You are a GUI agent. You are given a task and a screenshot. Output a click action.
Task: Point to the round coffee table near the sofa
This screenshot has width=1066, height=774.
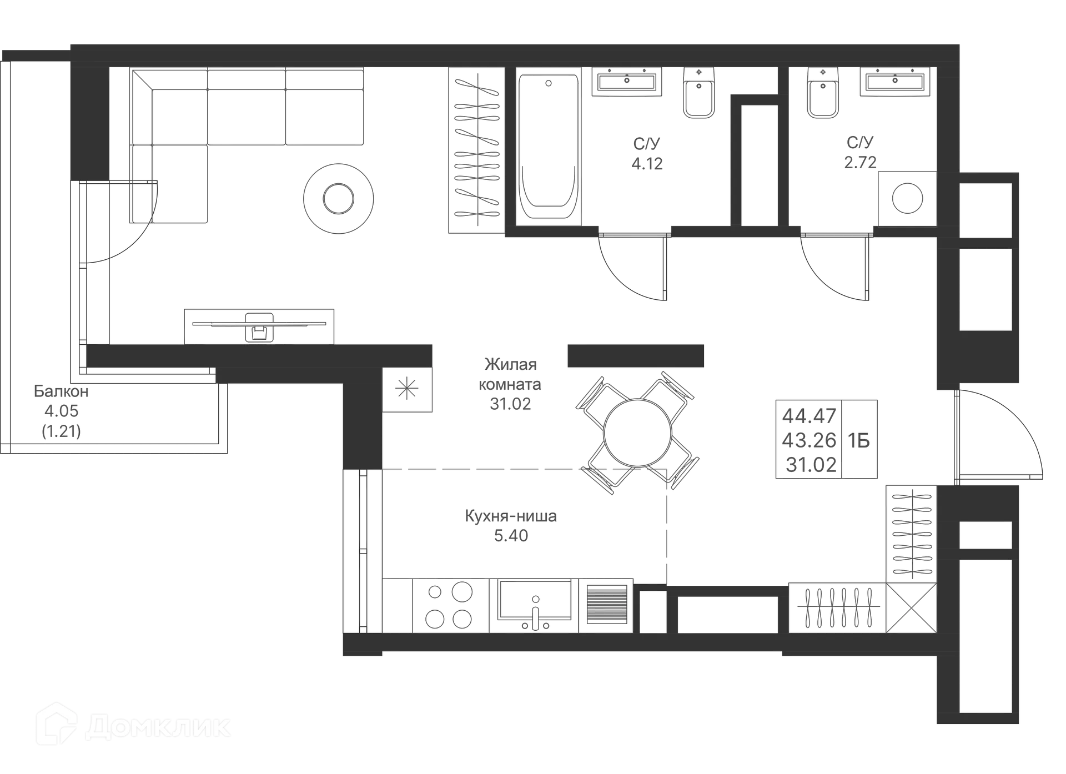coord(339,197)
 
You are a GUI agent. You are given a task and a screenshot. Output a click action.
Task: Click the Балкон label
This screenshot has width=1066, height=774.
coord(61,391)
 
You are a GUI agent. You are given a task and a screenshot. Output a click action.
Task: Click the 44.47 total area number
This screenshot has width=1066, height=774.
coord(809,415)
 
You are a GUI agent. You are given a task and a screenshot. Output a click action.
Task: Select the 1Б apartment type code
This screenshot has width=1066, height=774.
coord(858,440)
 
